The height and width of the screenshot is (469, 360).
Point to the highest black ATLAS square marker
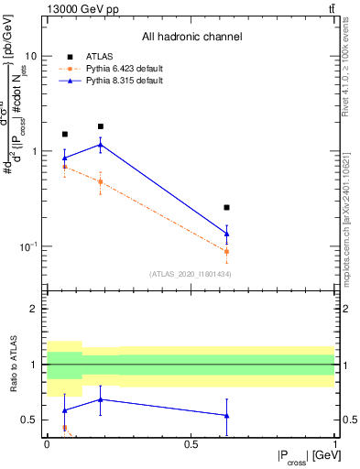[100, 126]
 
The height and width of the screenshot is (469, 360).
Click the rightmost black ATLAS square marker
[226, 208]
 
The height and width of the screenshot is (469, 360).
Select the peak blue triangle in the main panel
[100, 145]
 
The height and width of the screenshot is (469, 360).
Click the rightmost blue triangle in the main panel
[226, 234]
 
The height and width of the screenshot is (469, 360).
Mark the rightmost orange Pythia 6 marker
[226, 251]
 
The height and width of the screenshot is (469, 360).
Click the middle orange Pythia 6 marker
[100, 181]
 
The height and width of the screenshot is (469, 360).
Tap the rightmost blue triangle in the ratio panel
[226, 416]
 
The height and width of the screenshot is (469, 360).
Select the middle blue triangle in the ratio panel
[100, 399]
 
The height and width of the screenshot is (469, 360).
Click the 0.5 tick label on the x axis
[191, 443]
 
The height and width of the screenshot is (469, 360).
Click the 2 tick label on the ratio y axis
[34, 309]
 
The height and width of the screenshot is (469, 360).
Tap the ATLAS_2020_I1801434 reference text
[190, 274]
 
